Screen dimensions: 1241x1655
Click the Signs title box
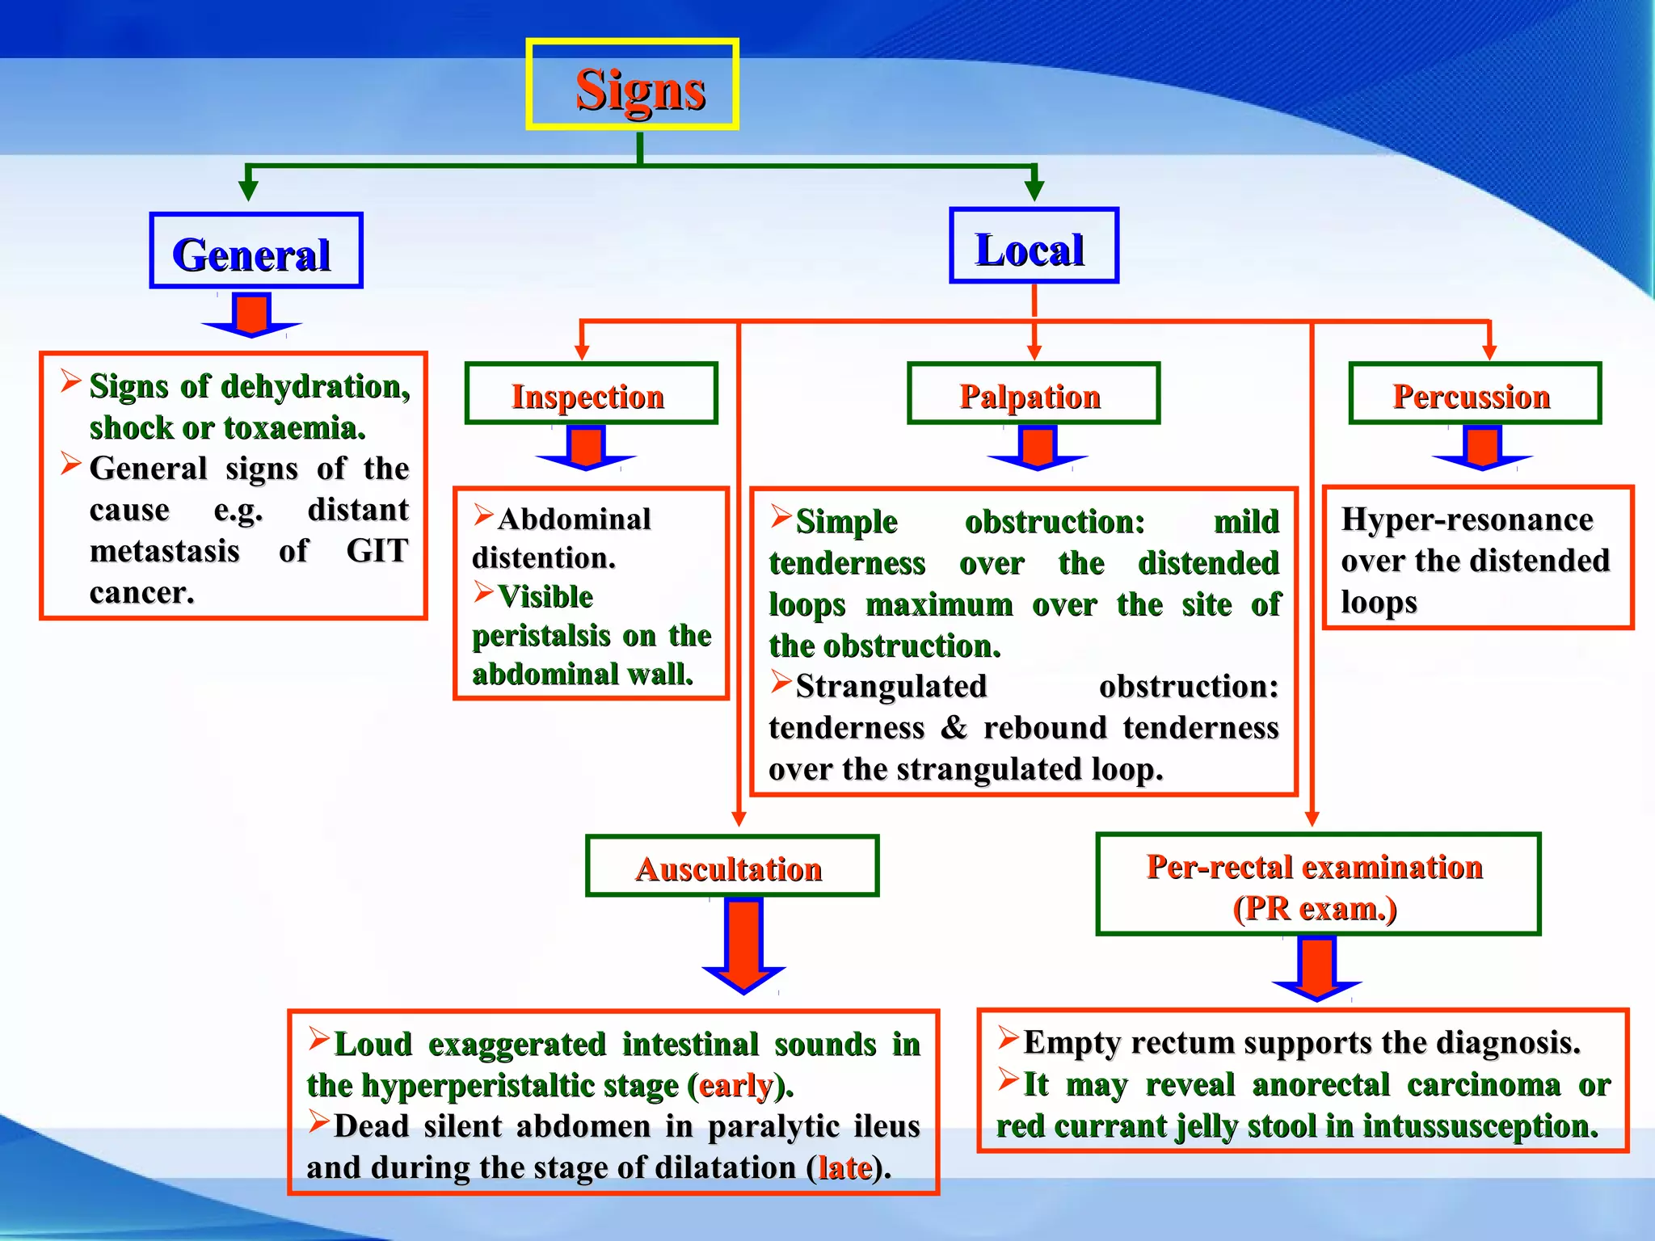pos(632,85)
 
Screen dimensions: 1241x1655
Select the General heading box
pos(255,251)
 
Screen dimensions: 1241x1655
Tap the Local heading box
pos(1033,246)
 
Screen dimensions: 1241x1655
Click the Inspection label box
pos(591,394)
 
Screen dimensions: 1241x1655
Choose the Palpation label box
pos(1033,394)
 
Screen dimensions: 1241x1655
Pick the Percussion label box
pos(1474,394)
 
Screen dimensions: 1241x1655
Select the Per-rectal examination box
pos(1317,885)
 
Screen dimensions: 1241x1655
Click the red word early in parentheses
pos(735,1086)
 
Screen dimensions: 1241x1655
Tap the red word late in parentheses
pos(845,1168)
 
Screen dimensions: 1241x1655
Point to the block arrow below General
pos(251,315)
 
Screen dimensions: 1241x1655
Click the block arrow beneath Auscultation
pos(743,945)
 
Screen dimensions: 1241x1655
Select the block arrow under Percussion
pos(1482,449)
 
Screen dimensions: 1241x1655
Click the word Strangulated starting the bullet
pos(891,687)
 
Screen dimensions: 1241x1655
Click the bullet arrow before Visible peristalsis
pos(483,593)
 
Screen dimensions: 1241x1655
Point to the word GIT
pos(377,551)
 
